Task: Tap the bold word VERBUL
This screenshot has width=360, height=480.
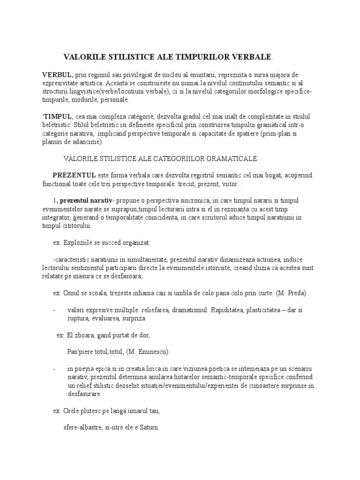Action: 58,75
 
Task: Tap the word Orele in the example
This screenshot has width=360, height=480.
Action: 71,411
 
